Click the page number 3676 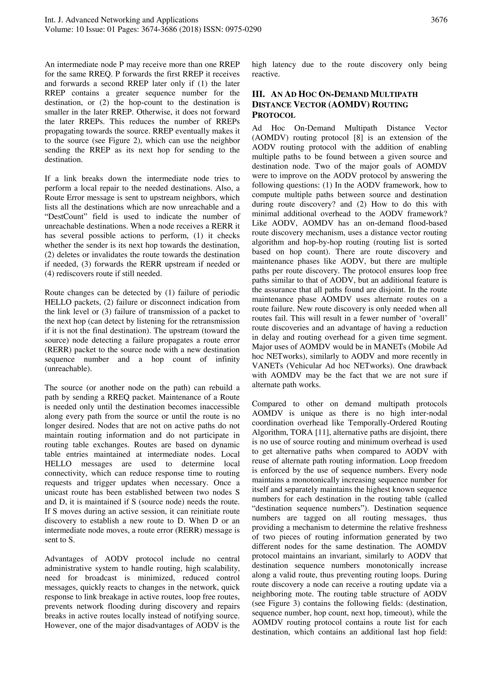439,20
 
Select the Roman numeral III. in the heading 258,94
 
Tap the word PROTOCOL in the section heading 273,116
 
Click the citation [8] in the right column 359,138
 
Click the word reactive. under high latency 265,74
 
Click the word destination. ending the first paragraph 64,160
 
